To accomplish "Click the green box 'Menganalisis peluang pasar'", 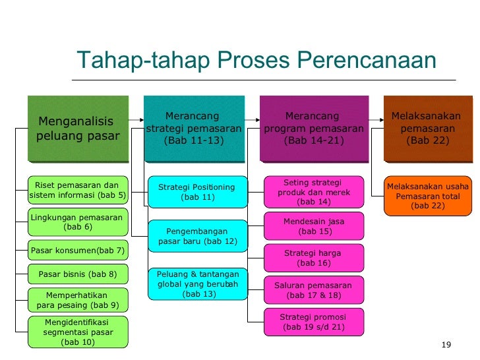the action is (78, 129).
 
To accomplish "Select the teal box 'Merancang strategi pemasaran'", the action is (194, 129).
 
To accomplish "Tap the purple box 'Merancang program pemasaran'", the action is (313, 129).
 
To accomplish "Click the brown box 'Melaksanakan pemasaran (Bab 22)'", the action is (428, 129).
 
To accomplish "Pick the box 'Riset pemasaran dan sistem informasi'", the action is (78, 191).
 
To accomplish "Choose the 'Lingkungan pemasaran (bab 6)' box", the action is (78, 222).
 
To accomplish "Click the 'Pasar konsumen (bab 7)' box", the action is (78, 251).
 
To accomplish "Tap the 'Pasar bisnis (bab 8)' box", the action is (78, 274).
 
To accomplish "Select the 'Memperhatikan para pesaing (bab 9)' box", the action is (78, 300).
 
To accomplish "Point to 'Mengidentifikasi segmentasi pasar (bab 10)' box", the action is (78, 332).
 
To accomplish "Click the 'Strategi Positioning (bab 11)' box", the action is (197, 192).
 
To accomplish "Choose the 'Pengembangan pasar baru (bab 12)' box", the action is (197, 236).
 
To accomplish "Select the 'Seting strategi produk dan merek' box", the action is (314, 192).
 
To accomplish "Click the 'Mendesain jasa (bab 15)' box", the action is (314, 226).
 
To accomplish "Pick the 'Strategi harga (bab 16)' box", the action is (314, 258).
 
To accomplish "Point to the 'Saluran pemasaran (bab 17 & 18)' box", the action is (314, 290).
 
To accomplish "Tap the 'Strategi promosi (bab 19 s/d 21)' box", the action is (314, 322).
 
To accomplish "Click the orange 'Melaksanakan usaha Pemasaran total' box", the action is (428, 196).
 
